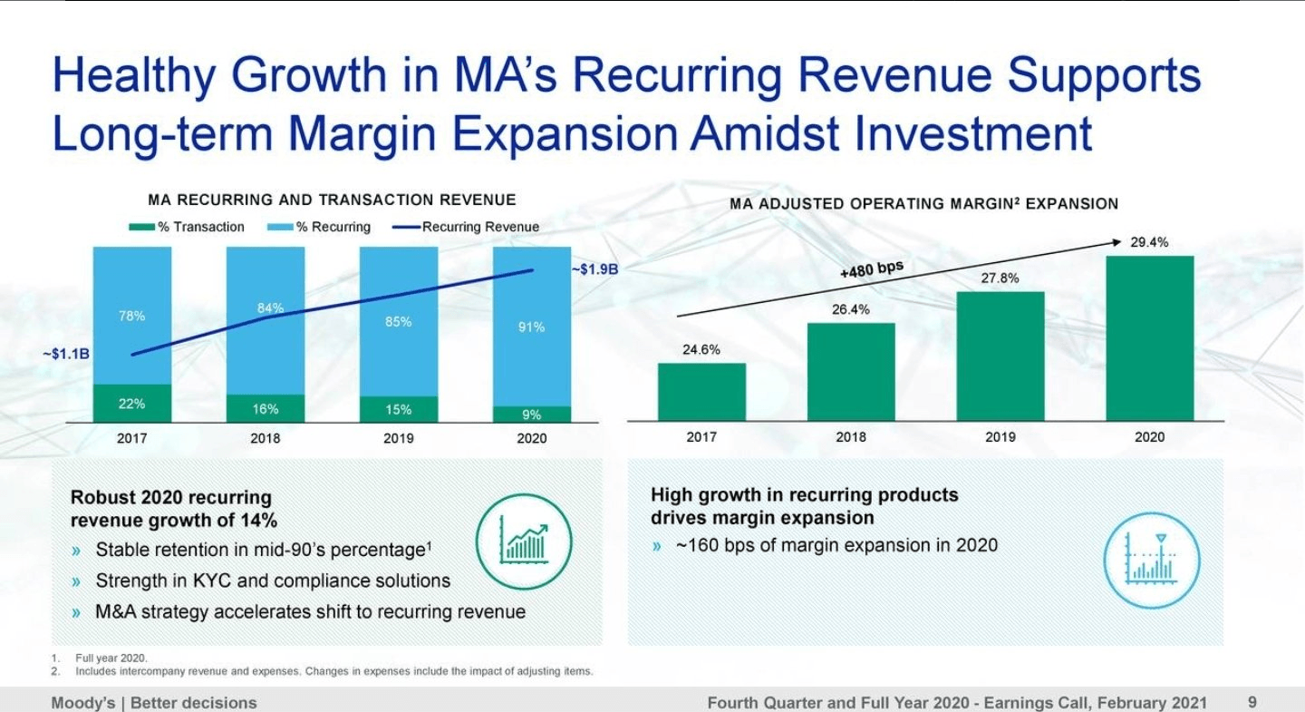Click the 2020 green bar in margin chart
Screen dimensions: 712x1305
tap(1149, 338)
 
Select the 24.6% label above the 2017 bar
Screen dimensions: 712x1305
tap(701, 350)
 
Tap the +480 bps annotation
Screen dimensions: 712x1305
tap(872, 270)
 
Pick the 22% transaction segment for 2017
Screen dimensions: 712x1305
tap(131, 404)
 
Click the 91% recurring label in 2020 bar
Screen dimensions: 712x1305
tap(531, 327)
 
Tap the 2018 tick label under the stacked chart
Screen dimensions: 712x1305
tap(265, 438)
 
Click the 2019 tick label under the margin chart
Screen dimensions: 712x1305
tap(1000, 437)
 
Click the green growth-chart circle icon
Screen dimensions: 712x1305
tap(524, 541)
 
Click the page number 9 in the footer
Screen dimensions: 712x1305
tap(1252, 702)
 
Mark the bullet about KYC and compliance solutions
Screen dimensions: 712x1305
tap(272, 580)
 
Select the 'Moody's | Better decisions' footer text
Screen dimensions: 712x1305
tap(154, 703)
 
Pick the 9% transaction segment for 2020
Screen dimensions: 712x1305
tap(531, 415)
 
